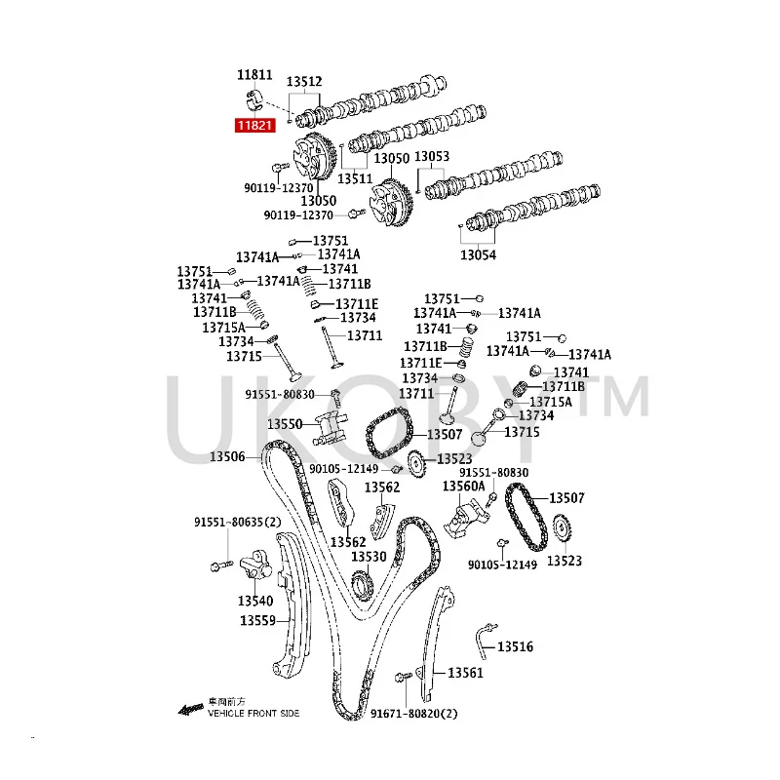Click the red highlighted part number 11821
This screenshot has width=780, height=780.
[253, 125]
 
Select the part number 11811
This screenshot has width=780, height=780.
[253, 74]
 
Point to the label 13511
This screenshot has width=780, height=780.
[356, 178]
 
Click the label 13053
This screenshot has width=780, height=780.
[432, 157]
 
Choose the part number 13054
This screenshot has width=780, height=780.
[479, 255]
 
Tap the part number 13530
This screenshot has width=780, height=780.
[369, 556]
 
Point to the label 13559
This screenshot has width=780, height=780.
[258, 620]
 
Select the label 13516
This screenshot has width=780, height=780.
[515, 646]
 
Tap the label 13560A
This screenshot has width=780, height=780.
[463, 486]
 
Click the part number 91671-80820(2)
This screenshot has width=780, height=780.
[413, 715]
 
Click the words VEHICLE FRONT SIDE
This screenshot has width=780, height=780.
[253, 714]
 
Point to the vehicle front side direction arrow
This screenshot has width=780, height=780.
[189, 709]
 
